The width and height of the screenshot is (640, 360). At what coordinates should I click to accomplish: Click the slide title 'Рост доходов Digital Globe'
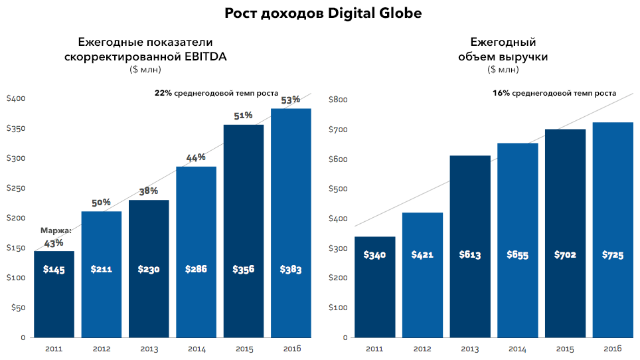pos(323,13)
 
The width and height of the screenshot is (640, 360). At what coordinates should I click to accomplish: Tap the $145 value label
pos(54,270)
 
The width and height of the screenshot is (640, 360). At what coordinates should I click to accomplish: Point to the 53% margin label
pos(291,100)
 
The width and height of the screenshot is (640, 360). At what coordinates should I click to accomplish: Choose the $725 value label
pos(613,255)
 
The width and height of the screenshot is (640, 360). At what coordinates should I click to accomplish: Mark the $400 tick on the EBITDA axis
pos(16,99)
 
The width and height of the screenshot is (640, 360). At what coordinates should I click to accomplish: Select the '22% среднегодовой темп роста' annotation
pos(216,94)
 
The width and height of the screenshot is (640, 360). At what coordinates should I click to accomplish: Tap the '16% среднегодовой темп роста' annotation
pos(554,94)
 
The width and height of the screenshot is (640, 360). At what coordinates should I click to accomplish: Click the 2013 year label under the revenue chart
pos(470,349)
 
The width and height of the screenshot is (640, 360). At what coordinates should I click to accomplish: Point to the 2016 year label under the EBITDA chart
pos(291,349)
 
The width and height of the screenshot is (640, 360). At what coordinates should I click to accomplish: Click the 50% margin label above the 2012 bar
pos(101,203)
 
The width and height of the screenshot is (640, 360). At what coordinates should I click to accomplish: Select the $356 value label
pos(244,270)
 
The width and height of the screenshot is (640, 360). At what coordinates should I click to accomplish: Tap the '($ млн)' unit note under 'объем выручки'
pos(503,69)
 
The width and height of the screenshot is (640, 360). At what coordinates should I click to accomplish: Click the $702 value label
pos(565,255)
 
